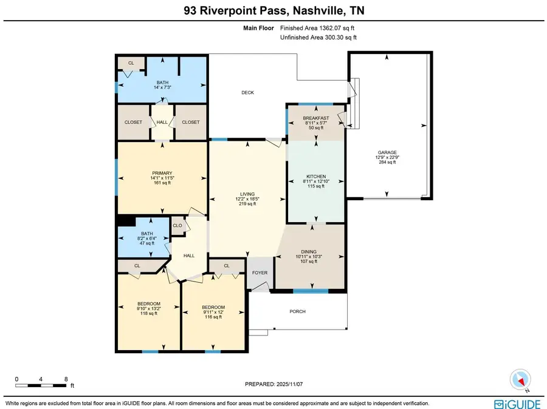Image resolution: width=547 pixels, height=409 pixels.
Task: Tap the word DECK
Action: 247,93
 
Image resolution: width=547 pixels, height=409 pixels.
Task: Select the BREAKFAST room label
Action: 316,118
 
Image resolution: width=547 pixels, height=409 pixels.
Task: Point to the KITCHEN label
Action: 316,177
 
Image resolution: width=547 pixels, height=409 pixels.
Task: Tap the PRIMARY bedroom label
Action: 162,173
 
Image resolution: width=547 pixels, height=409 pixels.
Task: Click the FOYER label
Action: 260,273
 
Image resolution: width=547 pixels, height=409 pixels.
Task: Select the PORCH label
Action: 297,312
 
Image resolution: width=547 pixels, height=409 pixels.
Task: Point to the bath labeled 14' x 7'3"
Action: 162,83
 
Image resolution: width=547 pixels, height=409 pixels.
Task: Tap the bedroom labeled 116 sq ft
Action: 213,307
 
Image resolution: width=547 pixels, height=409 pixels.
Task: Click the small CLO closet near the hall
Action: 177,225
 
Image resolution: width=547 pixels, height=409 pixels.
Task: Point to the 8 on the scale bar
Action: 66,379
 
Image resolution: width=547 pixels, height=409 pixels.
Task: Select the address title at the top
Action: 273,10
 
